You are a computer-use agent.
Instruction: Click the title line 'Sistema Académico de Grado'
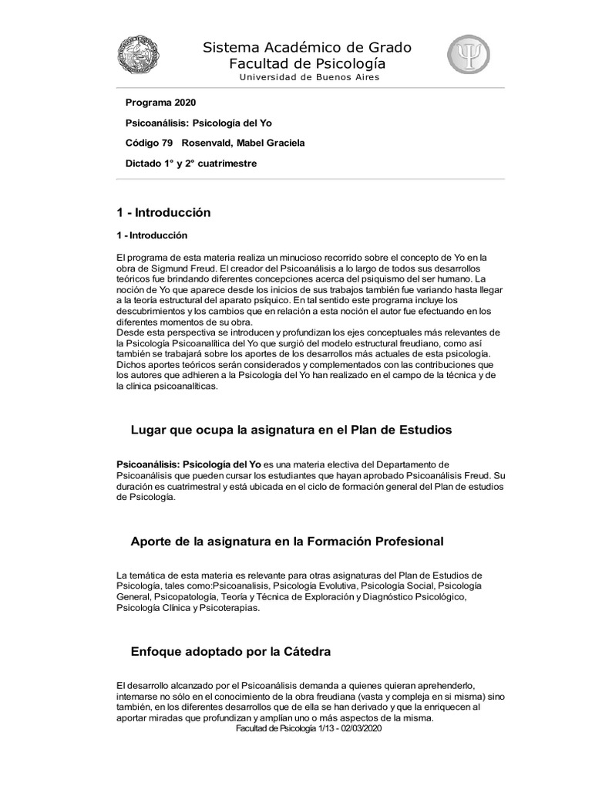[307, 48]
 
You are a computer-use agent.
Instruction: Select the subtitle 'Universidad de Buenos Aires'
[309, 77]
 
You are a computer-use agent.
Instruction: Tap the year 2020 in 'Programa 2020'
[183, 103]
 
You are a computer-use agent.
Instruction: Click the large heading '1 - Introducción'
[163, 212]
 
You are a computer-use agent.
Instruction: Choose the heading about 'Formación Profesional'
[287, 541]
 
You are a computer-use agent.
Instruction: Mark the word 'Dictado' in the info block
[143, 164]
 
